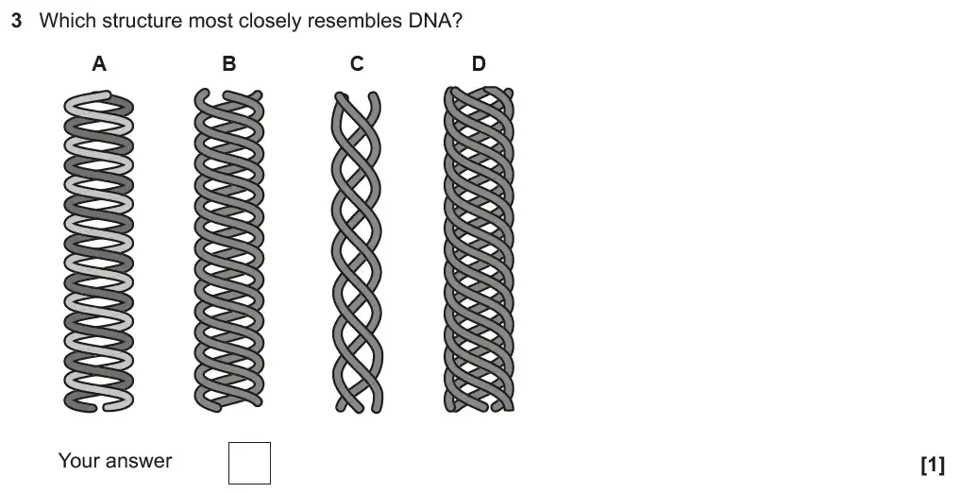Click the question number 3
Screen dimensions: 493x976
(16, 21)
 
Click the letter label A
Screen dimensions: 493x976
(99, 64)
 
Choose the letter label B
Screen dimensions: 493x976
(228, 64)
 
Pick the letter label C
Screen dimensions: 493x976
(357, 64)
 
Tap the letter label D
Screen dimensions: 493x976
(479, 64)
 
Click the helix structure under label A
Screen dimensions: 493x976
(99, 250)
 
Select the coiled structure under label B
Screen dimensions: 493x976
(228, 250)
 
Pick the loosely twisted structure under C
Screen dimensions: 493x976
(358, 250)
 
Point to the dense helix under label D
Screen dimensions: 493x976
(480, 250)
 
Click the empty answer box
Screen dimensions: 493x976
(249, 463)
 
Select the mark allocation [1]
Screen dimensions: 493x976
(932, 464)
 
